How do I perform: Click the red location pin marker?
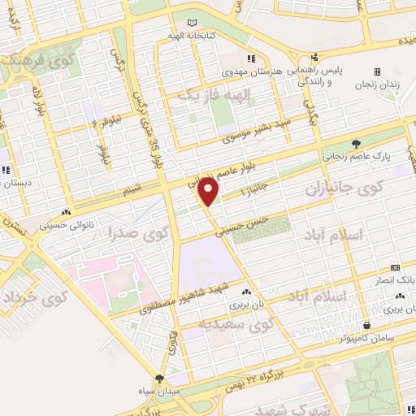click(209, 193)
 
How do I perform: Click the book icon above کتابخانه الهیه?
click(192, 23)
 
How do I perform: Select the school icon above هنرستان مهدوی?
click(252, 58)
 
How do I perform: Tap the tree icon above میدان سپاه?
click(159, 379)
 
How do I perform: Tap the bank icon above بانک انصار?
click(394, 266)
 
